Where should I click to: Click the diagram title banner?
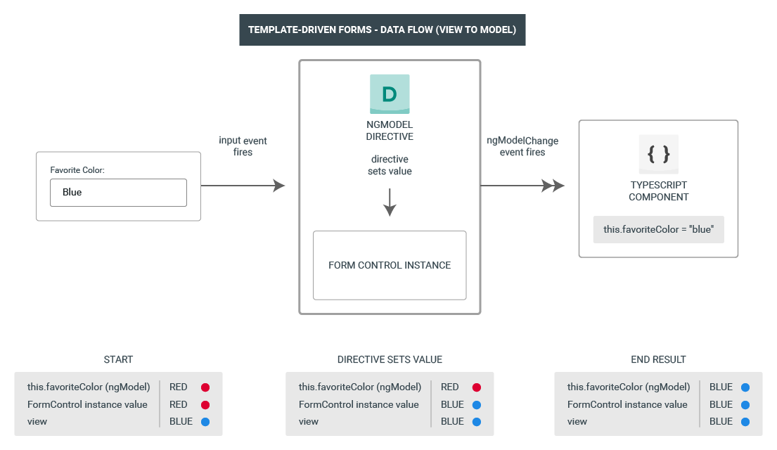pos(382,30)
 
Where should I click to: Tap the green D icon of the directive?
pos(390,94)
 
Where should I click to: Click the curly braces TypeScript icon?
pos(658,154)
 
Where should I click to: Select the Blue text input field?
pos(118,192)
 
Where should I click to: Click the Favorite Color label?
pos(77,169)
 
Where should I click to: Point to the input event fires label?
pos(243,146)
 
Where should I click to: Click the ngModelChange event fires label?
pos(522,146)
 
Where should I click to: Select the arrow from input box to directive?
pos(243,186)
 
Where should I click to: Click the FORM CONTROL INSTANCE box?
pos(390,265)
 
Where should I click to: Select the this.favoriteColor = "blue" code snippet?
pos(658,229)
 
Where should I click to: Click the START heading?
pos(118,359)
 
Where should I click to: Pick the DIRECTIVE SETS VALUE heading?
pos(390,359)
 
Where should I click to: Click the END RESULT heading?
pos(658,359)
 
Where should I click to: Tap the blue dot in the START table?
pos(205,422)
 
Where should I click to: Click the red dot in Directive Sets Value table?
pos(476,387)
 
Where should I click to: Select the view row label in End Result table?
pos(577,422)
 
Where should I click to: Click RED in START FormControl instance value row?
pos(179,404)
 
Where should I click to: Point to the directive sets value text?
pos(390,165)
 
